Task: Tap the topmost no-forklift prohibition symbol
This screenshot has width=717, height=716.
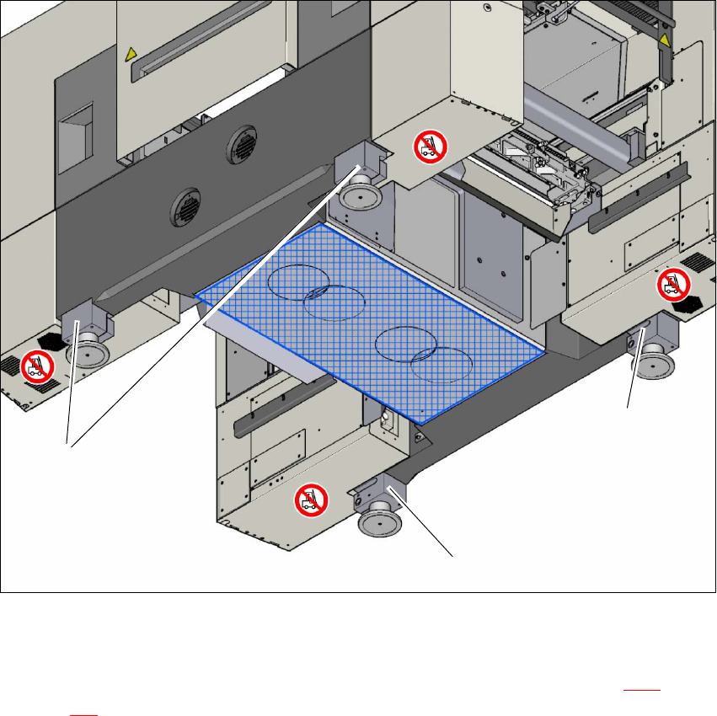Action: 429,147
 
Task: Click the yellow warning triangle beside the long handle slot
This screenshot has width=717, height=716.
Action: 130,55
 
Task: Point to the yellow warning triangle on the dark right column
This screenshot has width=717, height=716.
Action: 665,40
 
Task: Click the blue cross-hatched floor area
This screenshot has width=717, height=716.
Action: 371,320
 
